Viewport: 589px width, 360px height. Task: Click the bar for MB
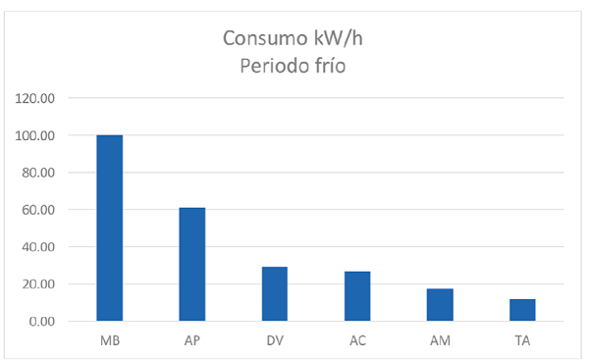pos(109,228)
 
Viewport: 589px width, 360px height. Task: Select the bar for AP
pos(191,264)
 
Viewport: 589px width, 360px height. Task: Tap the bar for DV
pos(274,293)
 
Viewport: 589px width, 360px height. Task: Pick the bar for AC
pos(356,296)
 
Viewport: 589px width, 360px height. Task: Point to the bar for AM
pos(440,305)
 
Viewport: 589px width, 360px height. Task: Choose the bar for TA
pos(522,310)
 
